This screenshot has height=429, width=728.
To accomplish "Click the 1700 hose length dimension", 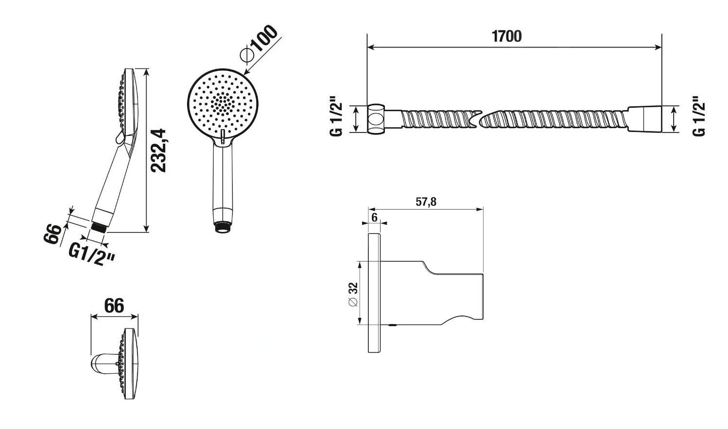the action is click(x=506, y=36).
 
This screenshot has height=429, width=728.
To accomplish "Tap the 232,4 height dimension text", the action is click(x=158, y=150).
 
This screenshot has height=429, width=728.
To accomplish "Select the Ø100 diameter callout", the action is click(x=259, y=43).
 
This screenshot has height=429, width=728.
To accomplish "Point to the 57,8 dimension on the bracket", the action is click(x=426, y=202).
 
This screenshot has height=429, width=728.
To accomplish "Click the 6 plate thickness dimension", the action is click(x=374, y=217).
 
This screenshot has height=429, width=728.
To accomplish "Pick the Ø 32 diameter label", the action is click(x=353, y=294).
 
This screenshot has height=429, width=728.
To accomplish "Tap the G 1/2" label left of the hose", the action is click(x=337, y=116).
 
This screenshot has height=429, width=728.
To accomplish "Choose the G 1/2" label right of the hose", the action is click(x=699, y=116).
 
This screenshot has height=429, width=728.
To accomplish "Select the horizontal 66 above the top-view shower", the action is click(x=114, y=306).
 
